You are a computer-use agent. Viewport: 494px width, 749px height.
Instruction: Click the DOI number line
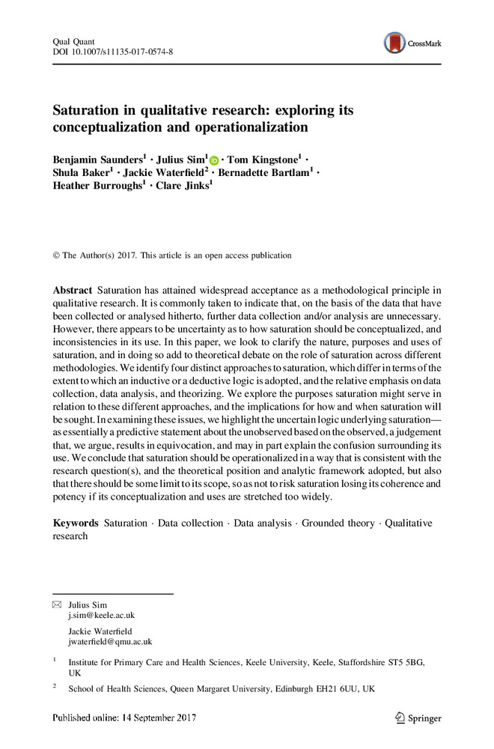click(112, 51)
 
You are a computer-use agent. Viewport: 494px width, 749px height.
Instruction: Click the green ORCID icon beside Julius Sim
click(214, 160)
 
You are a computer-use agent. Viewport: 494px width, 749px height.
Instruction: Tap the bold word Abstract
click(73, 290)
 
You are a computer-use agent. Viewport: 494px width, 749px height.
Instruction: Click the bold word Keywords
click(76, 523)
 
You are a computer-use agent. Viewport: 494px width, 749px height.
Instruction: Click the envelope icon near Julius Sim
click(57, 604)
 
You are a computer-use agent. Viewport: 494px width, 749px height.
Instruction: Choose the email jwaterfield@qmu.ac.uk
click(110, 641)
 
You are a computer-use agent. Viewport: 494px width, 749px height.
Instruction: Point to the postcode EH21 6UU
click(335, 688)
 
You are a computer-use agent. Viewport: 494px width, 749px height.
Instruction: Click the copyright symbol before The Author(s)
click(56, 255)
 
